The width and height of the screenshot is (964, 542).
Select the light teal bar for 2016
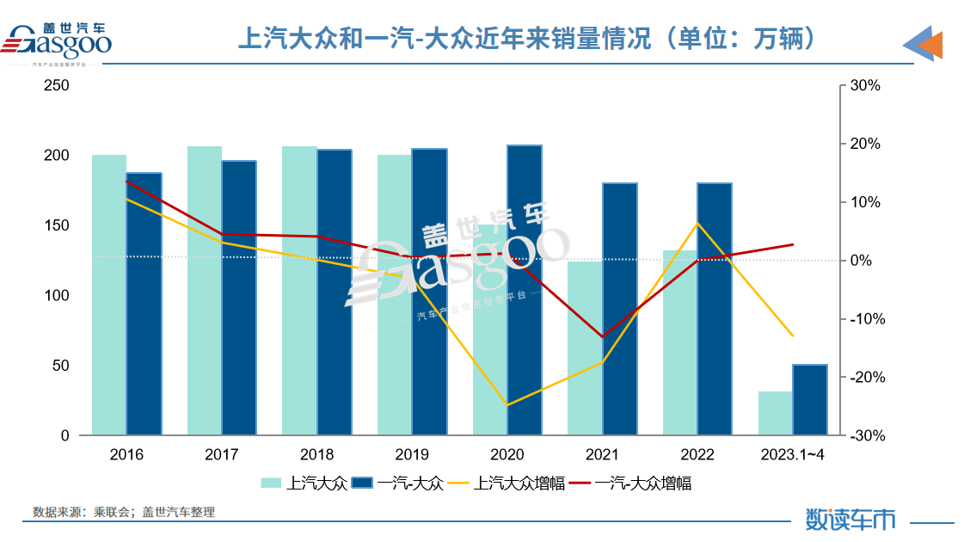click(109, 295)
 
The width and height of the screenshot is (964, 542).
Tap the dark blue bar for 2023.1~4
click(809, 400)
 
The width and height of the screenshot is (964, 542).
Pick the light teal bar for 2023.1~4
click(775, 414)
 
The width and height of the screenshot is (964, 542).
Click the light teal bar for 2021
click(585, 348)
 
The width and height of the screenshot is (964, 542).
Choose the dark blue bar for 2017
click(239, 298)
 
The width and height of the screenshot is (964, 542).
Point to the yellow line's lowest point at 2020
click(507, 405)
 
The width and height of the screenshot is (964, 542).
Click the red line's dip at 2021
click(602, 336)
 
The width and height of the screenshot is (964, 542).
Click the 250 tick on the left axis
click(58, 86)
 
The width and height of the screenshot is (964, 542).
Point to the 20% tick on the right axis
click(864, 145)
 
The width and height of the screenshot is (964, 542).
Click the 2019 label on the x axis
click(412, 454)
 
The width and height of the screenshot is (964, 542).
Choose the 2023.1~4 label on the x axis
click(792, 454)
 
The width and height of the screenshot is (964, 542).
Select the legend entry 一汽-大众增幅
click(642, 483)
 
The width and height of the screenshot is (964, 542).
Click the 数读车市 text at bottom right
click(850, 519)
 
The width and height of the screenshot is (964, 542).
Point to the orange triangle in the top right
click(931, 45)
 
